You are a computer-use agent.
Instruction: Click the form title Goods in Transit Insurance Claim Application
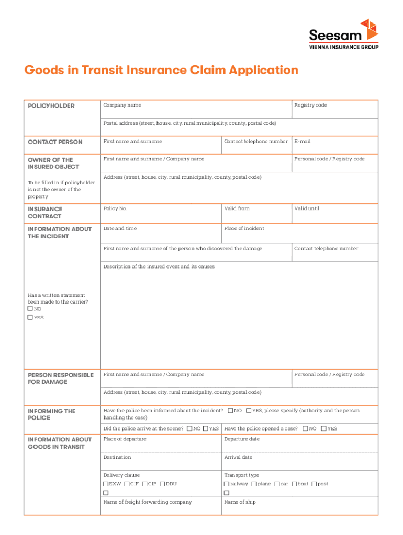161,70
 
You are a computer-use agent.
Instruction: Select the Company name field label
122,105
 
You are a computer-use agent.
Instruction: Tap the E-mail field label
303,141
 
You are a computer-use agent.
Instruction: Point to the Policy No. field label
115,208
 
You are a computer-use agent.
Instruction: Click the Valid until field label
307,208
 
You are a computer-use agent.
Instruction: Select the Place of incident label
244,228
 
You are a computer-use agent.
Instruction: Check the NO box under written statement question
30,309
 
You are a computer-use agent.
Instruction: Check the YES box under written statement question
30,317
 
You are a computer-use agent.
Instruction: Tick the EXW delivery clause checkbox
106,484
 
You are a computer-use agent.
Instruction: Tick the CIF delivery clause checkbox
127,484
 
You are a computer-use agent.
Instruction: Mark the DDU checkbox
162,484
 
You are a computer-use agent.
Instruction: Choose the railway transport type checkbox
227,484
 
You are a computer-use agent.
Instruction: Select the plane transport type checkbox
254,484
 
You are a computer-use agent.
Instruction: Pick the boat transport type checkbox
294,484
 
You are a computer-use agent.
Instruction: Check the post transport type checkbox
314,484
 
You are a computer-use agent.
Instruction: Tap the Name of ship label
240,502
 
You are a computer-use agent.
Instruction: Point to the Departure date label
242,439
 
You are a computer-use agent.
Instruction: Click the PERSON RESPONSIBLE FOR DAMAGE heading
60,378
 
